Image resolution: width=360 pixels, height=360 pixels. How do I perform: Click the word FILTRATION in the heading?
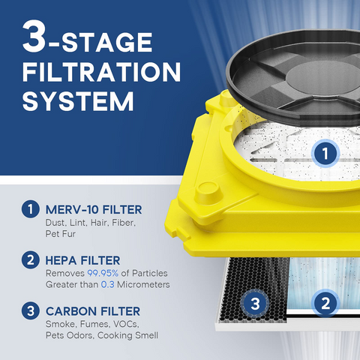click(x=101, y=72)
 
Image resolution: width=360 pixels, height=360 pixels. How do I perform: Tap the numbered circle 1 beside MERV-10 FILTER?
click(x=29, y=210)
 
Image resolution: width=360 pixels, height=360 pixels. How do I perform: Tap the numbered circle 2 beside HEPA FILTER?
click(x=29, y=259)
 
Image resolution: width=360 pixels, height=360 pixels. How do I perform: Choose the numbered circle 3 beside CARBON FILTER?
click(x=29, y=310)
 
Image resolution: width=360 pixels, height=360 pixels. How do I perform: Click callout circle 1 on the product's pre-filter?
click(x=325, y=154)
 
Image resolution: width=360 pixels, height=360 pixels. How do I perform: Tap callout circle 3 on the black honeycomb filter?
click(x=255, y=304)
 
